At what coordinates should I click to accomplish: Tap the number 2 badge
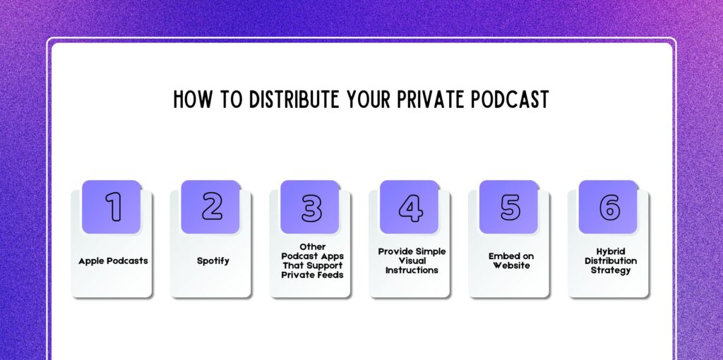[x=212, y=207]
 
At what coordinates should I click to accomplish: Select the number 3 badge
[x=311, y=207]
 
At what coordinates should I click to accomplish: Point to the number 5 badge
[x=510, y=207]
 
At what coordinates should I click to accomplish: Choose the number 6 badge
[x=609, y=207]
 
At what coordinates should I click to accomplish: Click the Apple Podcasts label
[x=113, y=261]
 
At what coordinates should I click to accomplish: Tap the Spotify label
[x=213, y=261]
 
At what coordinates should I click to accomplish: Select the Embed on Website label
[x=510, y=261]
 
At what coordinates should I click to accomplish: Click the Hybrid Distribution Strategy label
[x=609, y=261]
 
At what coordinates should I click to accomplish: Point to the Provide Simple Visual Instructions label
[x=412, y=261]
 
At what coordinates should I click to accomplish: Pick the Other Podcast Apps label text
[x=312, y=261]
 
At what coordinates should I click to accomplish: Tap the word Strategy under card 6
[x=609, y=271]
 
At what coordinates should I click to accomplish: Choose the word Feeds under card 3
[x=330, y=275]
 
